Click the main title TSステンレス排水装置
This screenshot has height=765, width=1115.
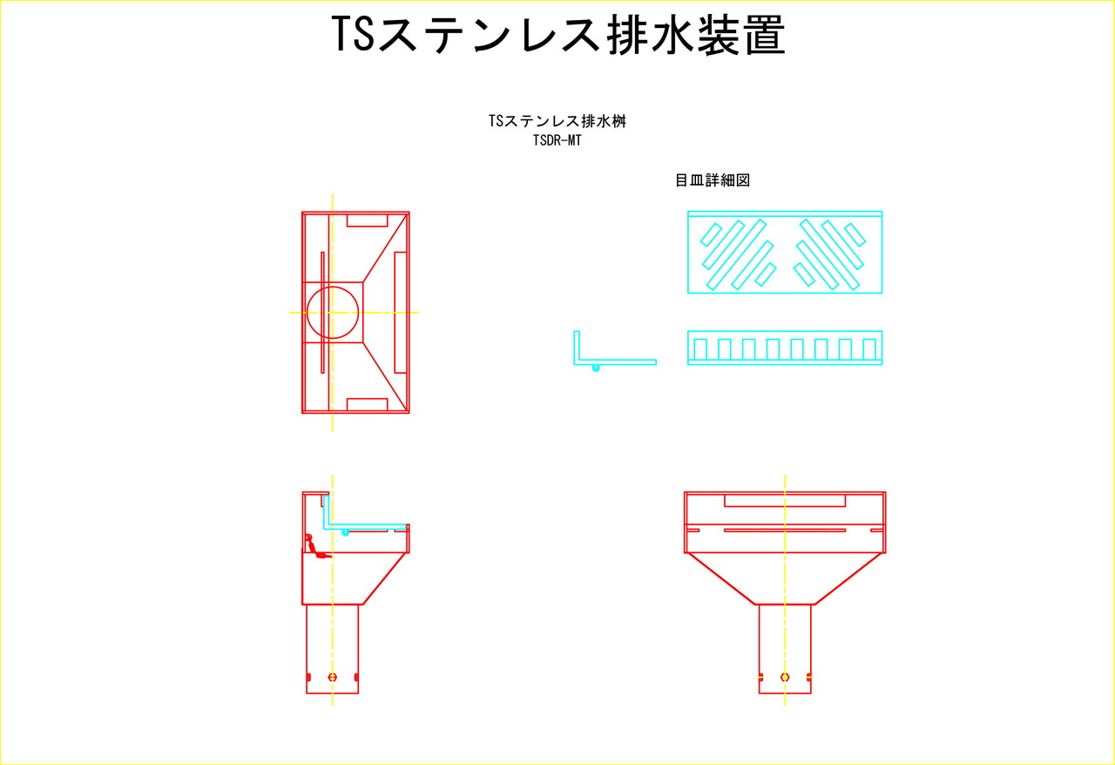point(558,34)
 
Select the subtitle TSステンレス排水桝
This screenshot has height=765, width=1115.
point(557,121)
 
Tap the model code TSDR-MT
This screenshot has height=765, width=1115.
point(557,140)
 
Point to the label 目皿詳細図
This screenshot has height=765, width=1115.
point(713,179)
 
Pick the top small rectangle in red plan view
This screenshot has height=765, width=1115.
point(367,220)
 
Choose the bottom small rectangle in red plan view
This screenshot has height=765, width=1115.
point(367,404)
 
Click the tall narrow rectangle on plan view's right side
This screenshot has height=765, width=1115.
point(400,312)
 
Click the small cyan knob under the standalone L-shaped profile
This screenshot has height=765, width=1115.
point(595,368)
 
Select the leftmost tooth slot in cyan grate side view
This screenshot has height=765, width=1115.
point(699,349)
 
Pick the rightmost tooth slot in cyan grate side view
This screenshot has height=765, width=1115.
point(869,349)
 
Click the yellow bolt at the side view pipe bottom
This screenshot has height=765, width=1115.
point(333,677)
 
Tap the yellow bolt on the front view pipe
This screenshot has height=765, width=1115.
point(785,677)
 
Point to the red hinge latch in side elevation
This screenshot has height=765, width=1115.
point(315,547)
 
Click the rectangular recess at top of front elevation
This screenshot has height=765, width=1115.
point(785,500)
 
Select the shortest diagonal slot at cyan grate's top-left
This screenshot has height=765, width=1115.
point(711,234)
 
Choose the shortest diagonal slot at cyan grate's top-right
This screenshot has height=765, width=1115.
point(855,234)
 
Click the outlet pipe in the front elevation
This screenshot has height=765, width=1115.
point(785,649)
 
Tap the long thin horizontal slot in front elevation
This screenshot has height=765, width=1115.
point(785,531)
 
